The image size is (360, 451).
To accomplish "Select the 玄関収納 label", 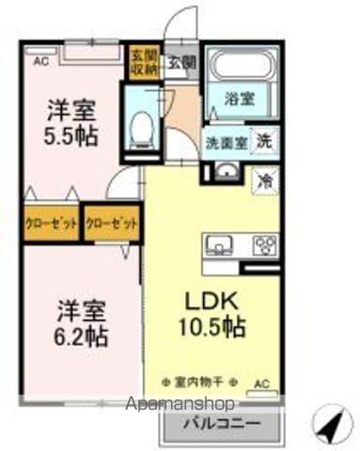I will pos(144,61).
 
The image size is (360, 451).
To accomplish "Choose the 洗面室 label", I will pos(227,144).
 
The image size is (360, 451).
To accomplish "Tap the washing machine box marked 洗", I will pos(266,142).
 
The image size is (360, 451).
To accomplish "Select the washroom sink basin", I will pos(226,171).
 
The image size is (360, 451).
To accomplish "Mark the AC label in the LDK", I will pos(262,383).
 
